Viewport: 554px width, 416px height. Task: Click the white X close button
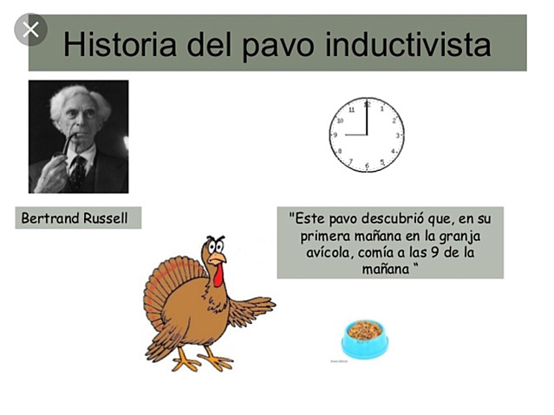coord(31,30)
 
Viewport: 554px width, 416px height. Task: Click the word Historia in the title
coord(115,45)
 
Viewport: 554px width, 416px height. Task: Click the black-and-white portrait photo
coord(79,136)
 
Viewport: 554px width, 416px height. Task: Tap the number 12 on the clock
coord(367,105)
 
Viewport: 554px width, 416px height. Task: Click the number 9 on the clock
coord(336,135)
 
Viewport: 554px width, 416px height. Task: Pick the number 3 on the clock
coord(398,135)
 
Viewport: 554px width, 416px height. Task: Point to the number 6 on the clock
coord(368,165)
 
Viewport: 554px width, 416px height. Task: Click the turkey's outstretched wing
coord(251,308)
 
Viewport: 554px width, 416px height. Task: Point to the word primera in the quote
coord(327,235)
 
